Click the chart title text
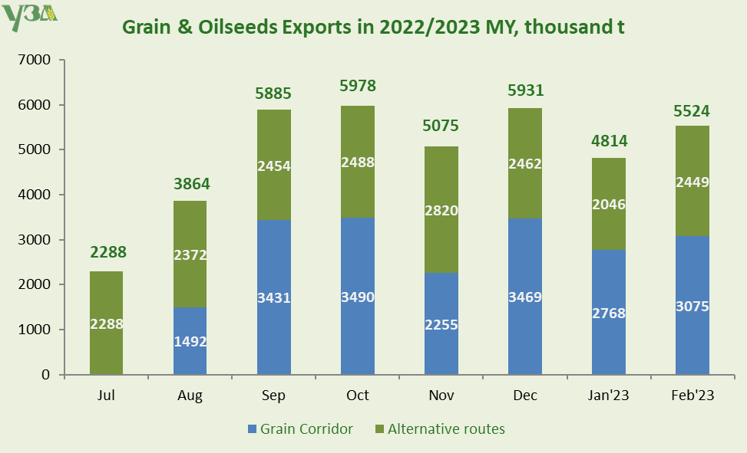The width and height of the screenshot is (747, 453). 373,26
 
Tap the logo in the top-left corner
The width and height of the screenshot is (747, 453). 29,17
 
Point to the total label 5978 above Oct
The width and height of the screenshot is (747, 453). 358,86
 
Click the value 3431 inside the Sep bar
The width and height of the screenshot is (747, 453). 274,297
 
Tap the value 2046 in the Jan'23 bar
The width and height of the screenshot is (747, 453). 608,204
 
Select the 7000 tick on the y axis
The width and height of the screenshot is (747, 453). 33,60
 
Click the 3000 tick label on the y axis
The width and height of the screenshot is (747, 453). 33,240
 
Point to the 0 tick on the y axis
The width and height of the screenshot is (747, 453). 45,375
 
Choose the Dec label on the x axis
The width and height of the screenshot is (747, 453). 525,396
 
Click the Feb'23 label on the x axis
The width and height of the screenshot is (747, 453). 692,396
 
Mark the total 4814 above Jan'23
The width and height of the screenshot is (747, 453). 609,140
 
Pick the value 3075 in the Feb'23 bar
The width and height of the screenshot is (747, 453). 692,307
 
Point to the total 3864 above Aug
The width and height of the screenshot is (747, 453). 190,184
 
